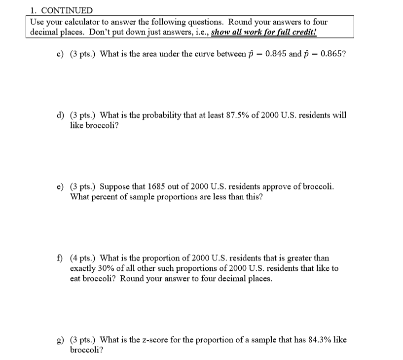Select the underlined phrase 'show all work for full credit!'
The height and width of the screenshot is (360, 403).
tap(264, 32)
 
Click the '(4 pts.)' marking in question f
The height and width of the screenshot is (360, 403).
tap(83, 258)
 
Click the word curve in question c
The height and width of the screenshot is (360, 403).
tap(193, 54)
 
